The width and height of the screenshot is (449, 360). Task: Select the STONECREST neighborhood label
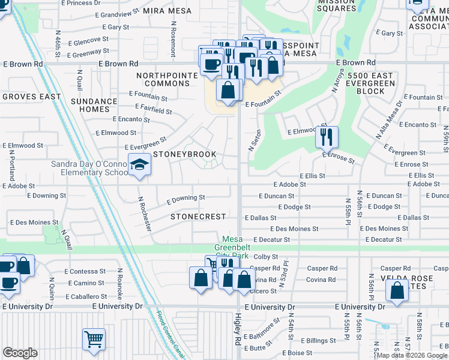pyautogui.click(x=198, y=217)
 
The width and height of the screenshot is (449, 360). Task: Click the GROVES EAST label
pyautogui.click(x=31, y=96)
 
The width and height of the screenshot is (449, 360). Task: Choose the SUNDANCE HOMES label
pyautogui.click(x=94, y=106)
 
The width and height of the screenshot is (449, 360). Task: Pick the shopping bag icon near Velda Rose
pyautogui.click(x=397, y=290)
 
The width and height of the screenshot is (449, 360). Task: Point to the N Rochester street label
pyautogui.click(x=144, y=212)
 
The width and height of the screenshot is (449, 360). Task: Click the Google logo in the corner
pyautogui.click(x=20, y=353)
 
